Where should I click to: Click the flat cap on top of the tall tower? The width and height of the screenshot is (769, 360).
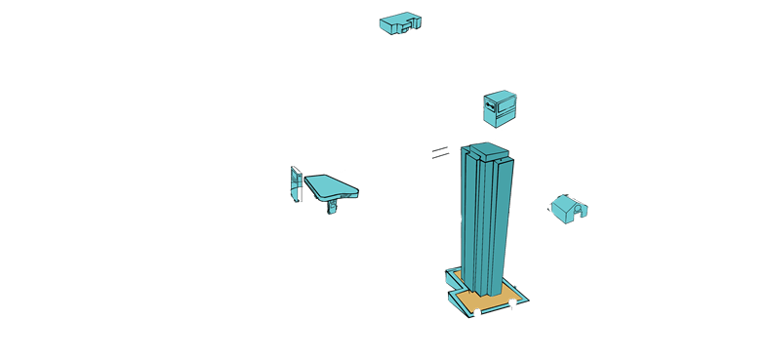coord(488,150)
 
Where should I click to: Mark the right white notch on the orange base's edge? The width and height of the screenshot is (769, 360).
coord(511,305)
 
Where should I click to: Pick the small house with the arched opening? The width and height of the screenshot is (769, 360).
coord(568,208)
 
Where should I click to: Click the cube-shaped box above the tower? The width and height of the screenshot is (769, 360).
coord(500,107)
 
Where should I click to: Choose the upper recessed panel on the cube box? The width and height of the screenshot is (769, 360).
coord(506,101)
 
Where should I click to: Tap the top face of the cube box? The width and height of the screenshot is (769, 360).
coord(498,94)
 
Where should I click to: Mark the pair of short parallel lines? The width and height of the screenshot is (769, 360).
coord(440,151)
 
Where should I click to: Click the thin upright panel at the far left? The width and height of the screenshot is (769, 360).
coord(294,184)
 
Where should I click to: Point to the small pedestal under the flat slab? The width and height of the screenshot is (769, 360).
coord(333,206)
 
